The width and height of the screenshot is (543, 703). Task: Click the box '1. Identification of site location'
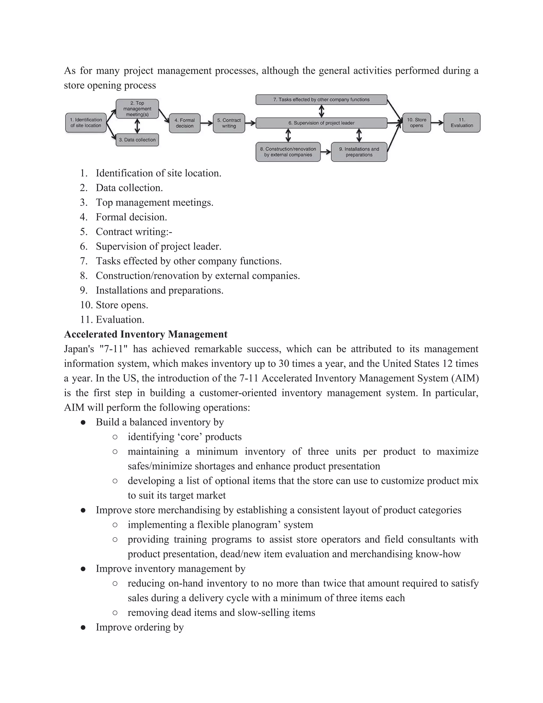[x=86, y=123]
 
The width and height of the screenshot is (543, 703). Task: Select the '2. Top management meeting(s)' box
[x=137, y=109]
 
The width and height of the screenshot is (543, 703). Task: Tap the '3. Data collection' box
[x=137, y=140]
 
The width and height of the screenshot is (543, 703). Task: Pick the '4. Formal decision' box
[x=185, y=123]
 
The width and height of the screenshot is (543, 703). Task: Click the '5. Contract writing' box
[x=229, y=123]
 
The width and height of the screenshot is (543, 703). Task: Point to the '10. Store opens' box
[x=416, y=123]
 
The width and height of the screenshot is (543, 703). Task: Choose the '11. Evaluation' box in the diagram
[x=462, y=123]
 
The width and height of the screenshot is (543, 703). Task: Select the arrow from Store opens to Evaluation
[x=437, y=123]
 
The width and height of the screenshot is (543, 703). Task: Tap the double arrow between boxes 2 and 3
[x=137, y=126]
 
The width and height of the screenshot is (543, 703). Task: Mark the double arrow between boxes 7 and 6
[x=321, y=111]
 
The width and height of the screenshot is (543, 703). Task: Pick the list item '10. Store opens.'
[x=122, y=305]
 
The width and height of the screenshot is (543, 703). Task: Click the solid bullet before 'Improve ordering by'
[x=83, y=627]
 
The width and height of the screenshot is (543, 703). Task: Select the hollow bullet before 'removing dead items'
[x=115, y=613]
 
